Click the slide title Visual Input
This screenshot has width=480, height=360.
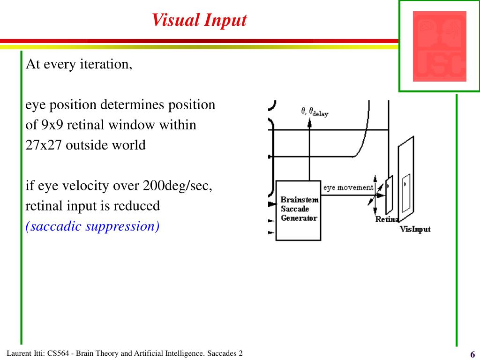(199, 20)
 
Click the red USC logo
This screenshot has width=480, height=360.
(439, 46)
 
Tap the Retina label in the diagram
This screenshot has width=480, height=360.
(386, 219)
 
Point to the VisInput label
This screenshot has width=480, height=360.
(415, 229)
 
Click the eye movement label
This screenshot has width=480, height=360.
(348, 187)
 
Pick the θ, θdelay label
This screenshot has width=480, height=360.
(314, 112)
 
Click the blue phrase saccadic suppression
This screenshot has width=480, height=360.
(93, 226)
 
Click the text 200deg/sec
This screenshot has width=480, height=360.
(178, 186)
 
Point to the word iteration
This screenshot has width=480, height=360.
(107, 64)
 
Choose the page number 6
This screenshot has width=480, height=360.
(472, 354)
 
